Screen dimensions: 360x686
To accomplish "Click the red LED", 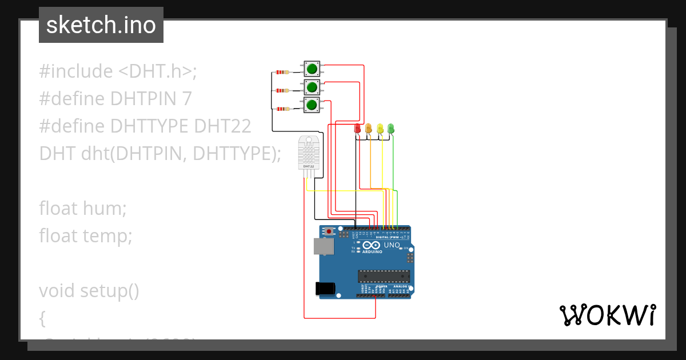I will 358,128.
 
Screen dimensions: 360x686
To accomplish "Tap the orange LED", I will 369,128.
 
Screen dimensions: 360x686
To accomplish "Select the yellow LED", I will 380,128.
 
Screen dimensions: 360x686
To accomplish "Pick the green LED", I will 391,128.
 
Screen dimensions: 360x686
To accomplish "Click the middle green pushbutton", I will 312,87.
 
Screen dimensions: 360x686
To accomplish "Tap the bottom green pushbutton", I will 312,105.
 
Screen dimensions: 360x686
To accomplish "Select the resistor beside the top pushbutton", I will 282,72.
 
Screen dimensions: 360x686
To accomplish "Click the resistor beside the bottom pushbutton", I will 282,109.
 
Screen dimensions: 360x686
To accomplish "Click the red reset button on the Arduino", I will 329,231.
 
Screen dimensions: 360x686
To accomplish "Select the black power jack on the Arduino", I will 325,289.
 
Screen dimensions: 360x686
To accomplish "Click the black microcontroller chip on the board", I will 384,277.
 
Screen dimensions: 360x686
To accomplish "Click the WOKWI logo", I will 607,315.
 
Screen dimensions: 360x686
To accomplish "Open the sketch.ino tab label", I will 101,25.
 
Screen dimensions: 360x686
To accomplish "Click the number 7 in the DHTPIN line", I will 186,99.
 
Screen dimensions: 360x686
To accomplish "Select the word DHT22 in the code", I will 222,126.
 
